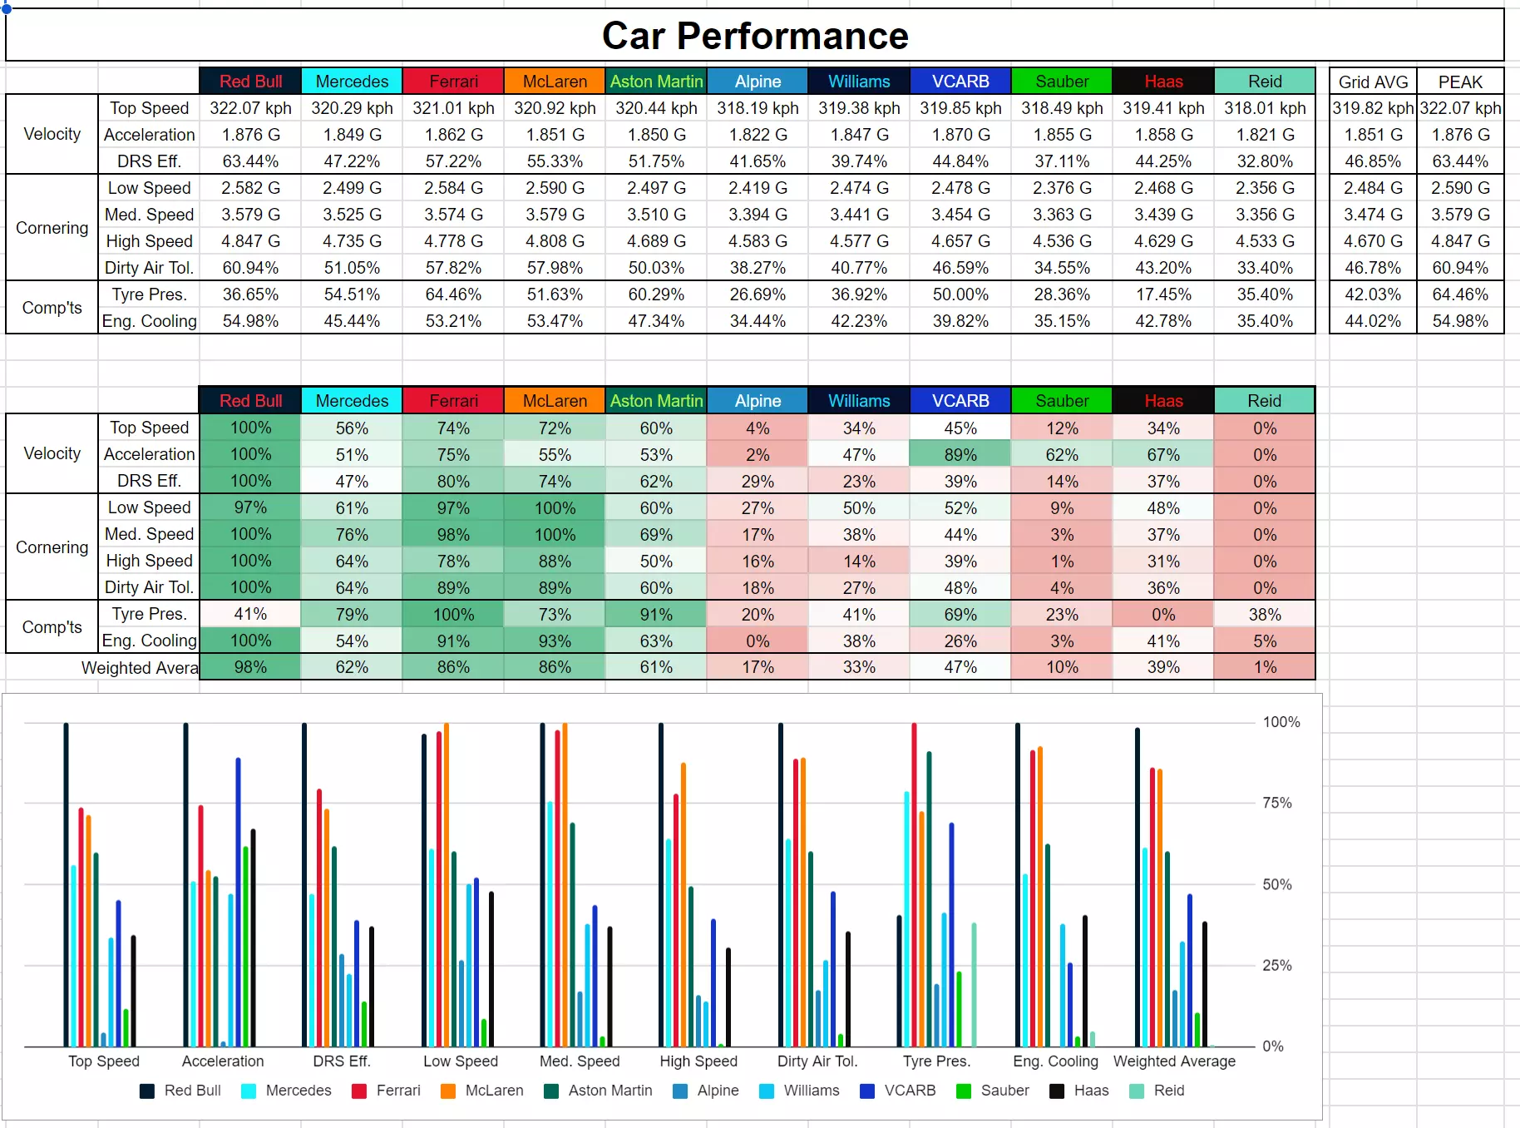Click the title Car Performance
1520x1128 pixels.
[755, 36]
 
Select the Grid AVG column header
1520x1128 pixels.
[1373, 82]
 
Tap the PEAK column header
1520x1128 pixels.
[1460, 82]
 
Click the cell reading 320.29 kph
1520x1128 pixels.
[352, 108]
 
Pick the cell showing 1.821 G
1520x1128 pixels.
[1265, 135]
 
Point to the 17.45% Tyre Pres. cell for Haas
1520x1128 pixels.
[1163, 294]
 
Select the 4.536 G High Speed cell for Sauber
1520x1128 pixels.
[1062, 241]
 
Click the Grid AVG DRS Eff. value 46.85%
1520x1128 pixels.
[1373, 161]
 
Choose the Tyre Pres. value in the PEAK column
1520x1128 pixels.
[1460, 294]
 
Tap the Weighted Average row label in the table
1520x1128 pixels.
[140, 667]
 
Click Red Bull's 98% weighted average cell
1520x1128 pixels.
[250, 667]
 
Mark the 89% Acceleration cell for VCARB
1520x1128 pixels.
[960, 454]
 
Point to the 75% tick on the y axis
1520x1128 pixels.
[1276, 803]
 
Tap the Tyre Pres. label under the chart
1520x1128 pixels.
[936, 1061]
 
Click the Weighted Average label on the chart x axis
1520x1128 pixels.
[1174, 1061]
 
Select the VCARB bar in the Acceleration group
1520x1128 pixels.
[239, 903]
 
